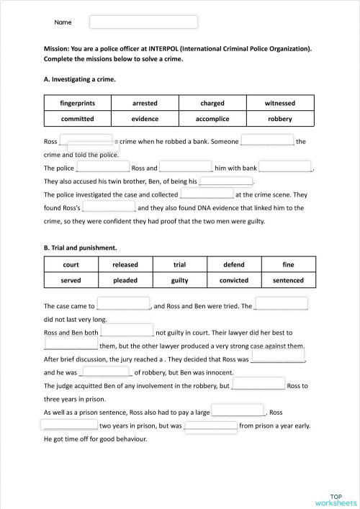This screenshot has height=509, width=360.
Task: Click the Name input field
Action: click(143, 22)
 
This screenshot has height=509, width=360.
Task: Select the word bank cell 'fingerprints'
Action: click(77, 103)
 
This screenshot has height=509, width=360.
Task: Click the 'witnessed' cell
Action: click(279, 103)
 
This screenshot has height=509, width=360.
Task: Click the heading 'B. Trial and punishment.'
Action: click(80, 248)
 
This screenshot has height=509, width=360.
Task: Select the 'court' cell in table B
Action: click(71, 265)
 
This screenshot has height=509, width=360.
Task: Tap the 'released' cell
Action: click(125, 265)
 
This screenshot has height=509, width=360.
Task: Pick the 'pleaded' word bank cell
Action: click(125, 280)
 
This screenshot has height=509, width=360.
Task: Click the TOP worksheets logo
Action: click(336, 499)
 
